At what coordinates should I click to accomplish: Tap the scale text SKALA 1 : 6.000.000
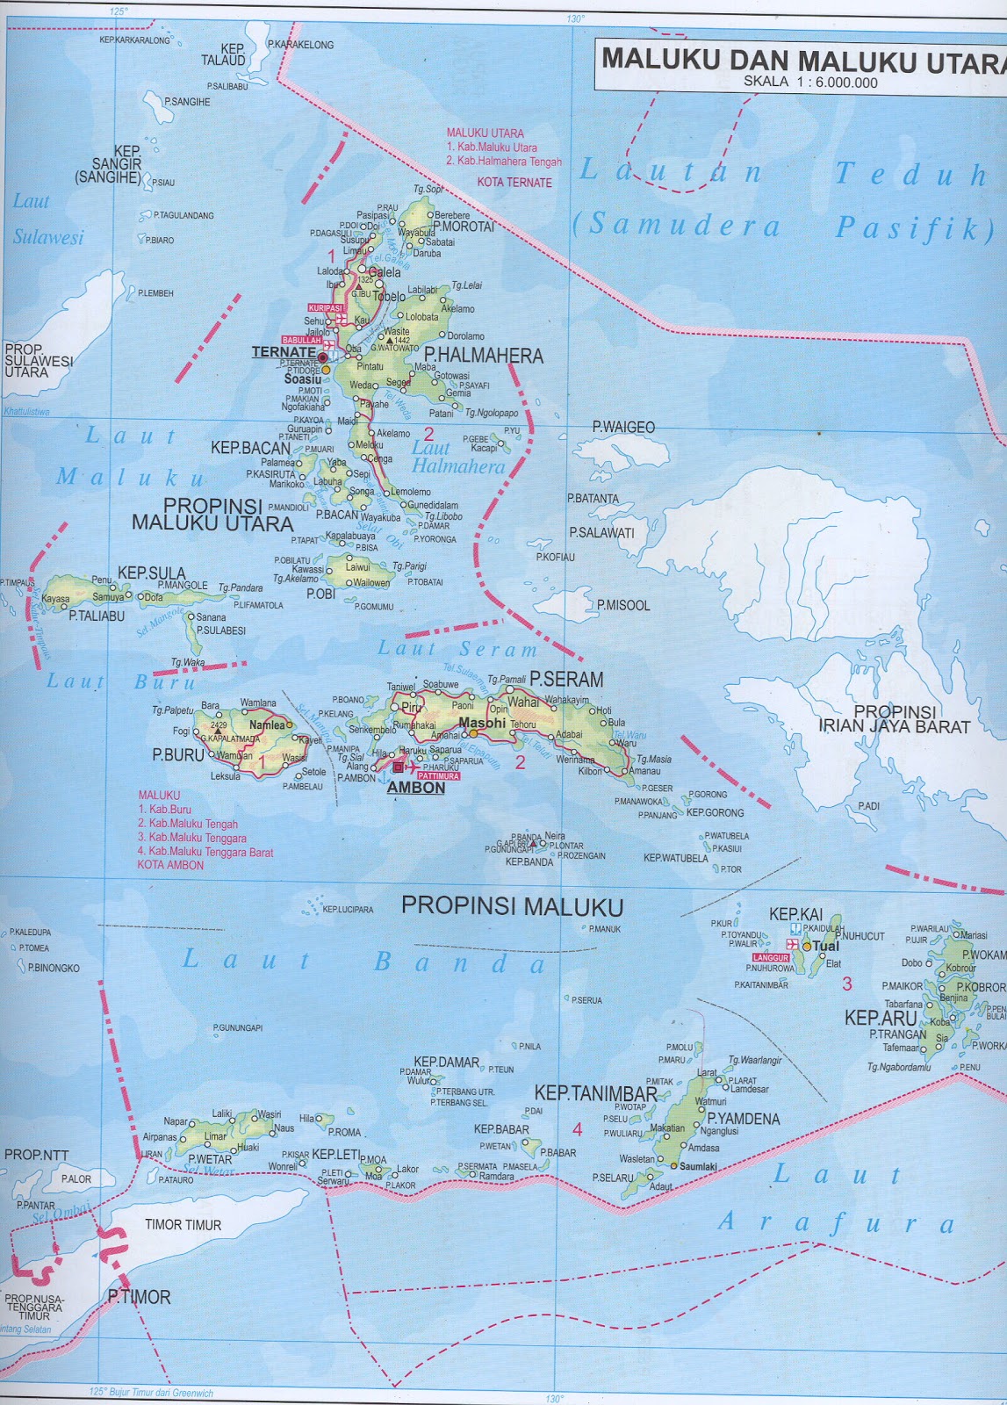(810, 83)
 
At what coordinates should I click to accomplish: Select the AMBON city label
(416, 788)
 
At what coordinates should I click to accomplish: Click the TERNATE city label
(283, 352)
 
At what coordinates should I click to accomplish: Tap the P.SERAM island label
(566, 679)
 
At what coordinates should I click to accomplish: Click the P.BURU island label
(178, 754)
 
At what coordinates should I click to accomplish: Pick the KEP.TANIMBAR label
(596, 1093)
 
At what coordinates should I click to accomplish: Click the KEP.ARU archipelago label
(881, 1019)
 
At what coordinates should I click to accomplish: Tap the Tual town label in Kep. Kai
(826, 946)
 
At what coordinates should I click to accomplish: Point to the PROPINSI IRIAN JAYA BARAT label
(894, 719)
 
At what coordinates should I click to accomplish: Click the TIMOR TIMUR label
(183, 1225)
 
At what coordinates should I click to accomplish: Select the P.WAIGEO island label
(623, 427)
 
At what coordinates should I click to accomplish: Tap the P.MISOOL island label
(623, 605)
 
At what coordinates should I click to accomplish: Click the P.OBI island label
(320, 594)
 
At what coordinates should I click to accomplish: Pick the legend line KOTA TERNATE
(514, 183)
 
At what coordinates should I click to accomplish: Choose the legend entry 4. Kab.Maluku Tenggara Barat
(205, 852)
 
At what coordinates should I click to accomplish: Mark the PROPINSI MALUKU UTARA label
(212, 515)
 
